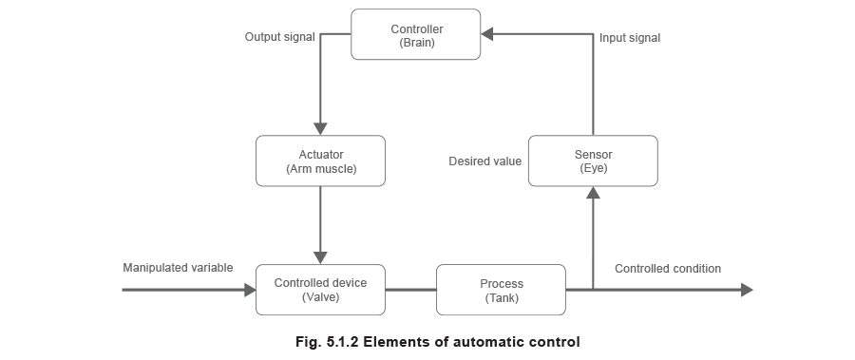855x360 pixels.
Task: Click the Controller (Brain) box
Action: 416,34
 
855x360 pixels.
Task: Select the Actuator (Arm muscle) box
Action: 320,161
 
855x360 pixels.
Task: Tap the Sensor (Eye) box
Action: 593,161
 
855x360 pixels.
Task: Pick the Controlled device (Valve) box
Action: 320,290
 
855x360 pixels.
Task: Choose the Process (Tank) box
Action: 501,290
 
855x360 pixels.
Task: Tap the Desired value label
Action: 486,161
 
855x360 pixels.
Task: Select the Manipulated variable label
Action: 178,270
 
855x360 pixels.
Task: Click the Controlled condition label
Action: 667,270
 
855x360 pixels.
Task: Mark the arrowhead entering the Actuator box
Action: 320,128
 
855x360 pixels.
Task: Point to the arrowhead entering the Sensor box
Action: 593,193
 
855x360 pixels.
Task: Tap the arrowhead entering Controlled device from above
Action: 320,256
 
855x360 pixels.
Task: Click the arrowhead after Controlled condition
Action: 746,290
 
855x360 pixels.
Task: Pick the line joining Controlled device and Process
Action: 410,290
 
